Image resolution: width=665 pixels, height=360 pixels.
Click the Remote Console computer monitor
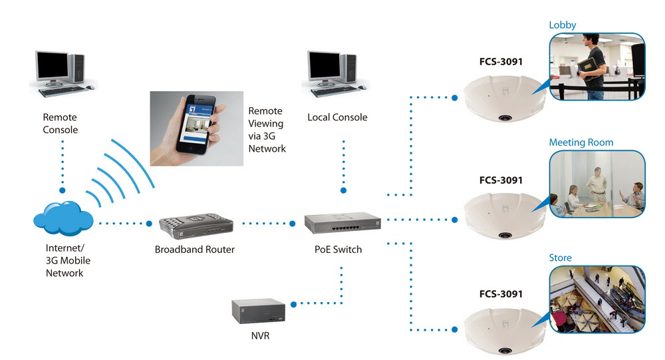(x=52, y=67)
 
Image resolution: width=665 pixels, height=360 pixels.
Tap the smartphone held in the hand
(x=196, y=124)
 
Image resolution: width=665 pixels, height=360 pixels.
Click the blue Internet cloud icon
(x=63, y=218)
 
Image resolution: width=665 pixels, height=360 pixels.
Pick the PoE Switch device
(x=342, y=223)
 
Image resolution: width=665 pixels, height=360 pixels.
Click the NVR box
(x=258, y=311)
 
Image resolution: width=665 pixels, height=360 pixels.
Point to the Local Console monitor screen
(x=325, y=65)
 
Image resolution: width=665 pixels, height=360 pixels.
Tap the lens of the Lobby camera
(x=504, y=118)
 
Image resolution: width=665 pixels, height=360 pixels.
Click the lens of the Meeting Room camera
(x=504, y=235)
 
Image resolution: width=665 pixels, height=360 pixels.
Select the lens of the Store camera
(x=504, y=351)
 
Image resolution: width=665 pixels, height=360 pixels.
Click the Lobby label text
(x=563, y=25)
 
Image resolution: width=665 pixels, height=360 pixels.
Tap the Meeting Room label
(x=581, y=142)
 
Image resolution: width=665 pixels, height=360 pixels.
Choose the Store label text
(x=560, y=258)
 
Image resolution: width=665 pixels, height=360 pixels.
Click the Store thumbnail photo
(x=597, y=299)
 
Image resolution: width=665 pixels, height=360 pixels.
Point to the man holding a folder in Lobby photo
(x=593, y=67)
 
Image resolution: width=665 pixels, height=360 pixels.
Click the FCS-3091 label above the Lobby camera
(x=501, y=62)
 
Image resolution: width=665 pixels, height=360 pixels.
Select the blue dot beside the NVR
(x=293, y=304)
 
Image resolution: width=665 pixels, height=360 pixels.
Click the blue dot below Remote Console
(x=63, y=190)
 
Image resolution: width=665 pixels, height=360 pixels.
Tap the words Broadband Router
(x=195, y=250)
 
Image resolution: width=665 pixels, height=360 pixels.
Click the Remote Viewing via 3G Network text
(x=267, y=130)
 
